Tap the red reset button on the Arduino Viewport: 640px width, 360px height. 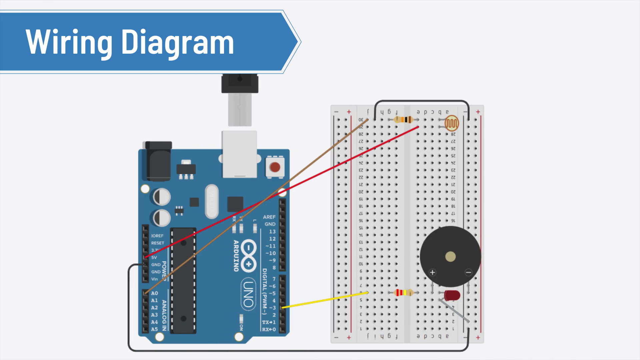coord(275,167)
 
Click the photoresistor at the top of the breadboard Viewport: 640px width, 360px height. coord(452,123)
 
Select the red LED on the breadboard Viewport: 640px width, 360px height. coord(452,295)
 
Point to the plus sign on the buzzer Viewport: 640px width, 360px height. coord(432,273)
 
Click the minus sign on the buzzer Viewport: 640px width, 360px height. coord(468,273)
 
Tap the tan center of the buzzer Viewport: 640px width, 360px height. coord(450,256)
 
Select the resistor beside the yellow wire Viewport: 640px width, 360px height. coord(404,293)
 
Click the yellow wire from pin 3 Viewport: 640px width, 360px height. coord(325,300)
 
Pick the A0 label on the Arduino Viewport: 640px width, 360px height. coord(154,293)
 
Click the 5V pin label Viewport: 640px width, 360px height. coord(154,257)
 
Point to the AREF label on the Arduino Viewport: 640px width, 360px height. coord(269,217)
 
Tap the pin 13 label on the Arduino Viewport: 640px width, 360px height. coord(272,231)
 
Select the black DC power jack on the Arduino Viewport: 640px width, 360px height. coord(159,162)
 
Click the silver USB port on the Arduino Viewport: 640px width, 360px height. coord(239,153)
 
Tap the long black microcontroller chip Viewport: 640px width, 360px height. coord(183,280)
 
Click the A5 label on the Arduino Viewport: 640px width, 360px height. coord(154,329)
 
